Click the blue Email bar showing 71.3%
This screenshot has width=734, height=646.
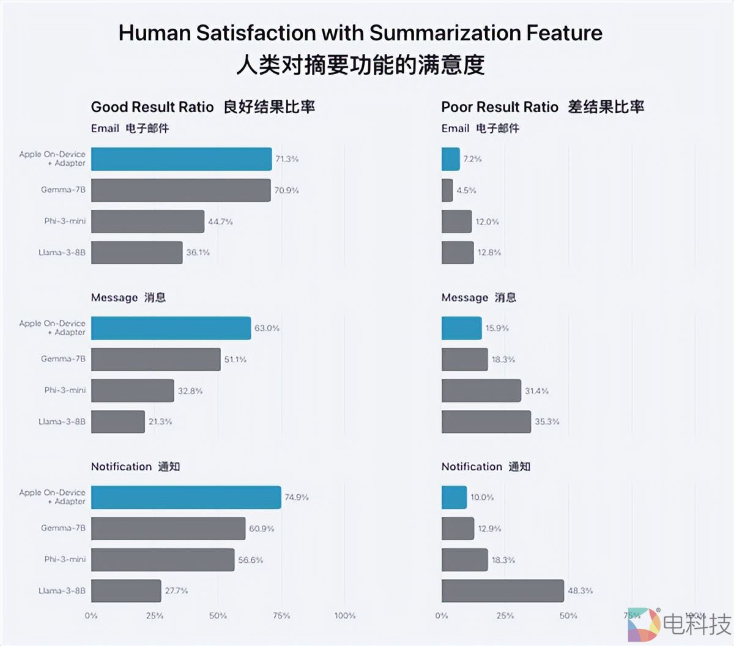click(x=181, y=159)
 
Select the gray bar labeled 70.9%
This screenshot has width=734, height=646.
click(x=180, y=190)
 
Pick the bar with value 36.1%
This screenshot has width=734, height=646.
click(x=136, y=253)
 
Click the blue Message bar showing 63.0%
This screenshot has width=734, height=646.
click(x=171, y=329)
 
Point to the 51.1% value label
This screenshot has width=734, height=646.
click(x=235, y=360)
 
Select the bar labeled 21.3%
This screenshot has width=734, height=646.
click(x=118, y=421)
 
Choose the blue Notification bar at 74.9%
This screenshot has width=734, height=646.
click(x=186, y=497)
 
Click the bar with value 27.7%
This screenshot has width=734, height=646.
click(x=126, y=591)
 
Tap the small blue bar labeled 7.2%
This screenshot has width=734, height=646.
click(x=450, y=159)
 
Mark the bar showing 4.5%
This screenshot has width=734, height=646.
click(x=447, y=190)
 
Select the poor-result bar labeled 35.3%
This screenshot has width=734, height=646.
click(x=486, y=421)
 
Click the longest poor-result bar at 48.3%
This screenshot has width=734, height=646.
click(x=502, y=591)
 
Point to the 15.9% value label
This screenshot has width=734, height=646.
click(x=497, y=329)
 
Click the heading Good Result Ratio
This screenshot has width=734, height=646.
click(x=152, y=108)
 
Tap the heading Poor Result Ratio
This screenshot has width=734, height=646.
click(x=500, y=108)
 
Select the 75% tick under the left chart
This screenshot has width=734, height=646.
click(x=281, y=615)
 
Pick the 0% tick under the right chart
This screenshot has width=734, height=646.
click(x=442, y=615)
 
